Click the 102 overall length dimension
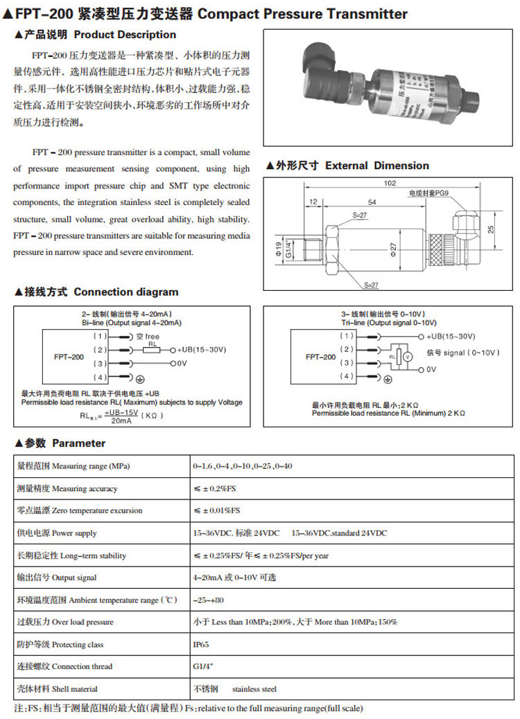tap(388, 183)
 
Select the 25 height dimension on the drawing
tap(489, 228)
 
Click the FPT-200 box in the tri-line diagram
tap(320, 356)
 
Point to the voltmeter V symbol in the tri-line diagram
tap(408, 356)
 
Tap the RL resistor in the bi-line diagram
tap(153, 350)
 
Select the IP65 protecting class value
tap(201, 644)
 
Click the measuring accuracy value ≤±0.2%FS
tap(215, 488)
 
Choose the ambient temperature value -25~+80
tap(209, 600)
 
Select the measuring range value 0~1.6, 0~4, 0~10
tap(243, 466)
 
